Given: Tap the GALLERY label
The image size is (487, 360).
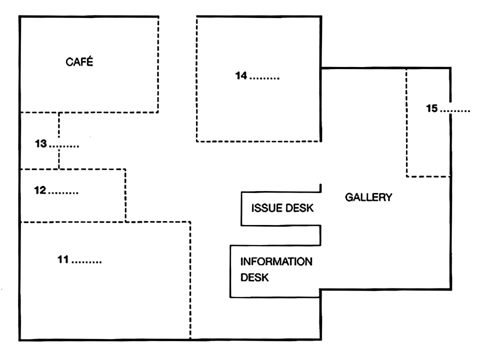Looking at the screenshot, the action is tap(368, 197).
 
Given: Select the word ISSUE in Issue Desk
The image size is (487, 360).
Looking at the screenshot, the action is tap(266, 208).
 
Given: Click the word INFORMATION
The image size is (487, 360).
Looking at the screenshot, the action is tap(276, 261).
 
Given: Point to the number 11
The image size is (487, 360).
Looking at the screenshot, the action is tap(63, 259).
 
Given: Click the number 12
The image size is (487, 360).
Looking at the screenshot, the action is tap(40, 190).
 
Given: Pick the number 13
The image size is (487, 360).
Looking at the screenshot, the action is tap(40, 143).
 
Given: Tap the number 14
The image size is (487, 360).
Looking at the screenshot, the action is tap(241, 75).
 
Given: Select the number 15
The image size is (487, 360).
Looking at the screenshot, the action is tap(431, 108).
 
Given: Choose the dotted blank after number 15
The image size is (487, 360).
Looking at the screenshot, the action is tap(455, 111).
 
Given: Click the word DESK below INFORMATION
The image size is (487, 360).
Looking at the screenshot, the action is tap(254, 277).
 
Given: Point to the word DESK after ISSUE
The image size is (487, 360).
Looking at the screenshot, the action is tap(299, 208).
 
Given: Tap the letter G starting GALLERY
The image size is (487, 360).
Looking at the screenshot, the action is tap(349, 197).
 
